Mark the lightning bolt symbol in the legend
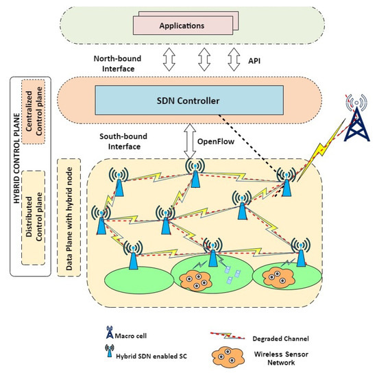click(230, 337)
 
